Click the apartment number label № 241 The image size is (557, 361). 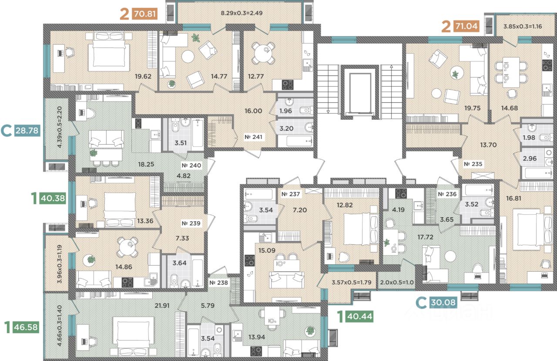click(253, 137)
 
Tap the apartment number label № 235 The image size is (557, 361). click(473, 164)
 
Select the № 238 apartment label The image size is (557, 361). click(218, 283)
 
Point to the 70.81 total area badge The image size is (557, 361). click(145, 13)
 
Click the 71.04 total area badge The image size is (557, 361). click(466, 26)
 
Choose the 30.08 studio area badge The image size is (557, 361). click(443, 302)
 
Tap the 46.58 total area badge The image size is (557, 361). click(26, 327)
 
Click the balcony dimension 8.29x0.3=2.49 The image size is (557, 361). click(242, 13)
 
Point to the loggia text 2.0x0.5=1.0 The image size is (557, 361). click(397, 282)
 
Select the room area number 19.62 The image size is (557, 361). click(143, 76)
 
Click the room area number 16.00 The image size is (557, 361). click(253, 111)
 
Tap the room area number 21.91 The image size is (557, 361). click(162, 305)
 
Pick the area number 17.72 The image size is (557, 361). click(425, 237)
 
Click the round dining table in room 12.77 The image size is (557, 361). click(264, 53)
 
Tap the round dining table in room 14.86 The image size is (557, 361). click(128, 247)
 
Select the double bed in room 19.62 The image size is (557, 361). click(109, 51)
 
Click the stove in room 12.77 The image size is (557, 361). click(288, 85)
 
